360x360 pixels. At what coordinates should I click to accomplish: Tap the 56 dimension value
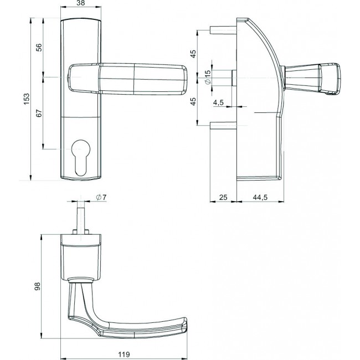click(x=39, y=48)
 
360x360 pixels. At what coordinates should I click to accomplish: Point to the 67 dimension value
click(x=39, y=113)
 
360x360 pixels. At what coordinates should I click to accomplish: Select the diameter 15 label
click(x=209, y=78)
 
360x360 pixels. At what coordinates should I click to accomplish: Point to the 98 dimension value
click(x=37, y=286)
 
